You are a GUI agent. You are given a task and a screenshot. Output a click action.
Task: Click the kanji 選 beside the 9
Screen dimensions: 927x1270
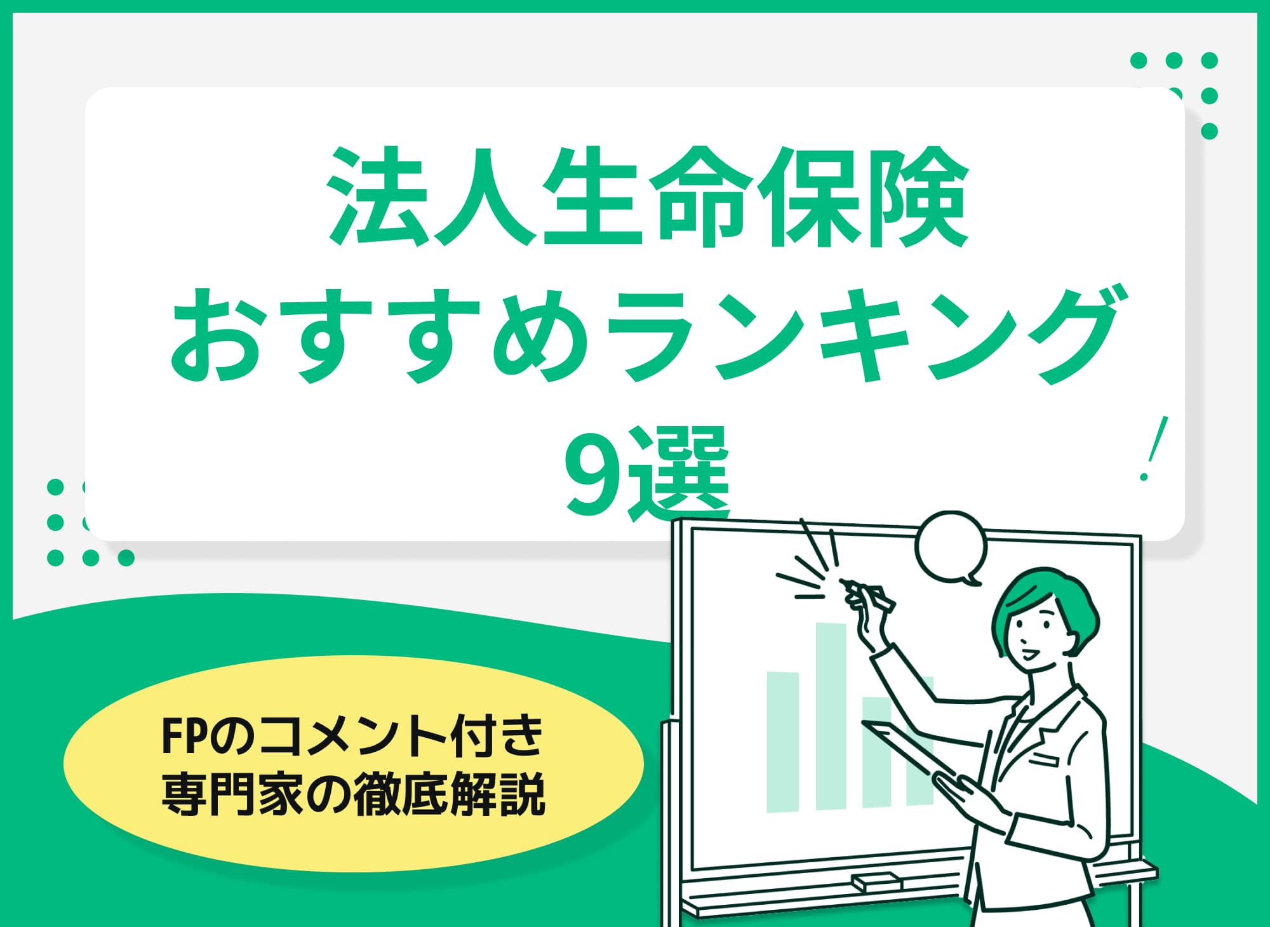[681, 473]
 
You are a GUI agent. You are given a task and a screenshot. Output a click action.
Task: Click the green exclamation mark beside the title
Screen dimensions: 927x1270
[1153, 448]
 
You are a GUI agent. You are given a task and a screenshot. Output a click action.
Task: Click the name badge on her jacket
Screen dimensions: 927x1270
[1046, 758]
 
